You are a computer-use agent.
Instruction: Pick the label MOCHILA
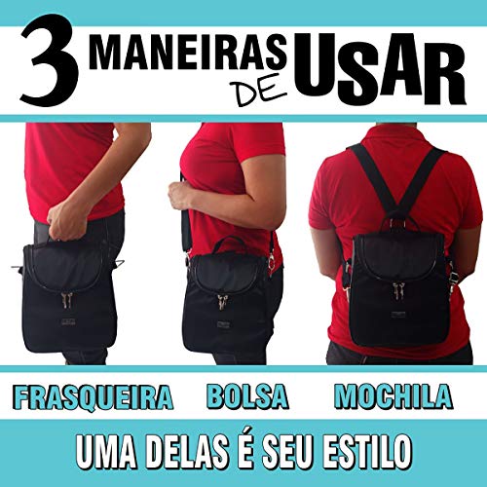pos(393,396)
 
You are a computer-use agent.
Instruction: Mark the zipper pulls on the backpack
pos(396,289)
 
